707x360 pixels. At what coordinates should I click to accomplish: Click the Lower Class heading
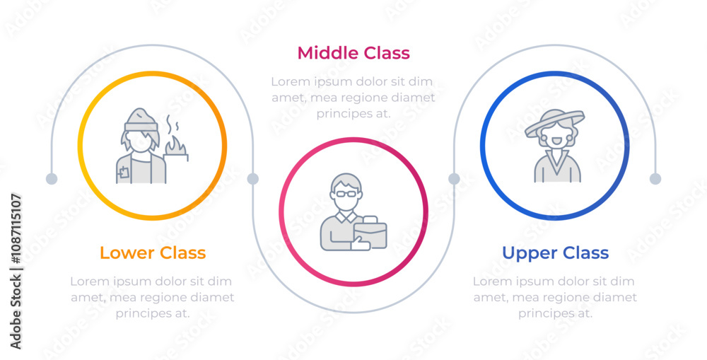click(153, 252)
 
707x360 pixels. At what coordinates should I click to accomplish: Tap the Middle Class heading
click(353, 53)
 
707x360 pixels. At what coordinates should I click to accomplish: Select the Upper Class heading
click(556, 252)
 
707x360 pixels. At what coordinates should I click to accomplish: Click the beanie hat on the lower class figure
click(141, 119)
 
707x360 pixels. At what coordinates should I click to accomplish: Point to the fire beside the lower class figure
click(176, 144)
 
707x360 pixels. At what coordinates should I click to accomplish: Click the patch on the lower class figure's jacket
click(124, 172)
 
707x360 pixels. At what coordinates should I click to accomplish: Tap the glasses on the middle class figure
click(346, 194)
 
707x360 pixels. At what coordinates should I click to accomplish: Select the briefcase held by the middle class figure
click(370, 232)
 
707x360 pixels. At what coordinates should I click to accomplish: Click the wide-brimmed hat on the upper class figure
click(554, 121)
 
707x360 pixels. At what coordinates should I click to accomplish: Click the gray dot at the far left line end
click(52, 179)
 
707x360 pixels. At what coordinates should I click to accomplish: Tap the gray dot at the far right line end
click(655, 179)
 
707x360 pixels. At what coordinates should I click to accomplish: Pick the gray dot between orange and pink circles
click(253, 179)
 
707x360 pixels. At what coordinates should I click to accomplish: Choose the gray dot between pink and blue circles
click(454, 179)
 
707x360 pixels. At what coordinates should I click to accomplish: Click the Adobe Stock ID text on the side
click(16, 271)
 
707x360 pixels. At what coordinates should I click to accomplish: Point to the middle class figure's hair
click(346, 182)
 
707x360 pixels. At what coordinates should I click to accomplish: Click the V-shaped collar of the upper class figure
click(557, 163)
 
